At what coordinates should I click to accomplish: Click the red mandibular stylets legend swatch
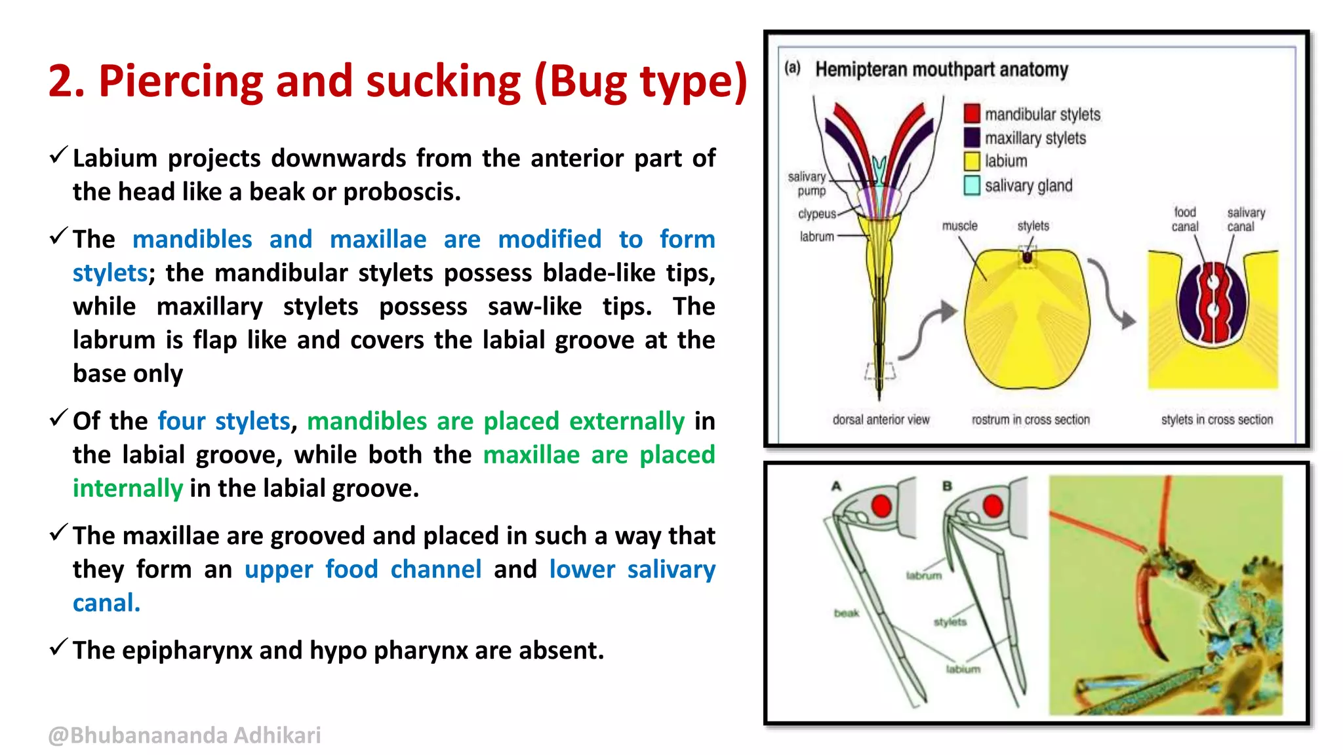972,114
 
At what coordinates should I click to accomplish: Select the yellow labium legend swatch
972,161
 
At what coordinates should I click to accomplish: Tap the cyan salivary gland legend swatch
972,185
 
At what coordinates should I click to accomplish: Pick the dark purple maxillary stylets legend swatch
972,138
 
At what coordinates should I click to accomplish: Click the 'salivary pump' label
807,184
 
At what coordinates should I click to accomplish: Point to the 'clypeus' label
816,214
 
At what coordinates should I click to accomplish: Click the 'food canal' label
1184,220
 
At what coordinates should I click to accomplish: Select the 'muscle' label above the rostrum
959,226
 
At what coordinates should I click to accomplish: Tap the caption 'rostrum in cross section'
1030,419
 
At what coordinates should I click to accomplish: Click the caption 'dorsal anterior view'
881,419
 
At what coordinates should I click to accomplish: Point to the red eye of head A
881,506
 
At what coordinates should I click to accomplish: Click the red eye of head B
993,506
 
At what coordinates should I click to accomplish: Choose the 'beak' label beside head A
846,613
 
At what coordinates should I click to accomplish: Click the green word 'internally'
127,488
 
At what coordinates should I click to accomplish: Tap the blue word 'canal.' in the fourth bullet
106,603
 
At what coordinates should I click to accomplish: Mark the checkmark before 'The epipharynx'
58,648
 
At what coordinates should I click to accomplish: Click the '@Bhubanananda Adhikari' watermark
184,735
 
